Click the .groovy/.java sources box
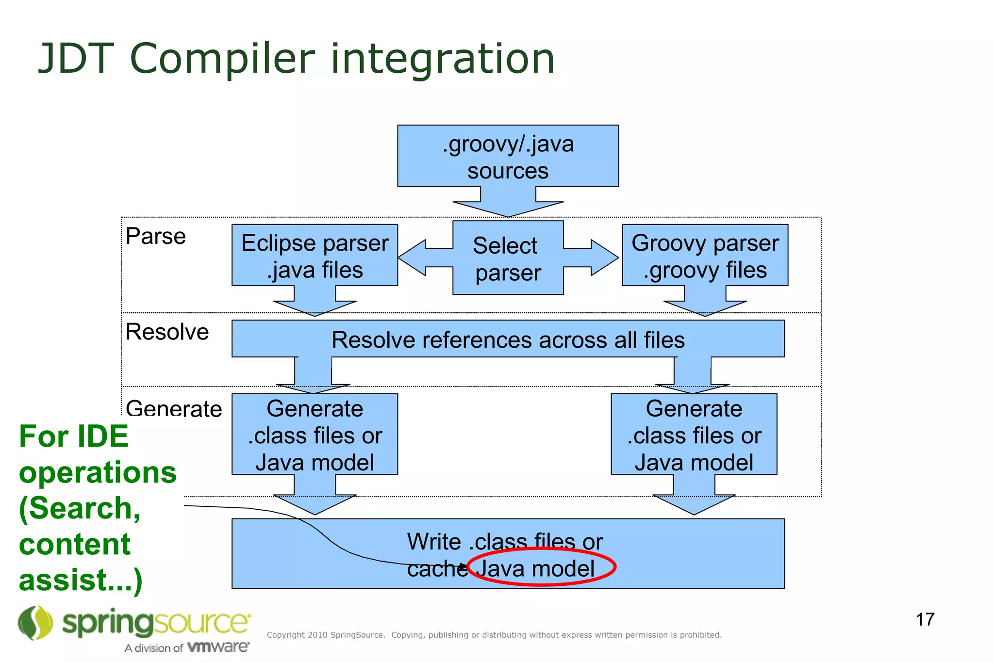pyautogui.click(x=508, y=156)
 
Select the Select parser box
pyautogui.click(x=508, y=258)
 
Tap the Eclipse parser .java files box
pyautogui.click(x=315, y=255)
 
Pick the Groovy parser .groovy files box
pyautogui.click(x=705, y=255)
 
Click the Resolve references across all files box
pyautogui.click(x=508, y=339)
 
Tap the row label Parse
pyautogui.click(x=155, y=236)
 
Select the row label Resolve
pyautogui.click(x=167, y=332)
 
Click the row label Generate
pyautogui.click(x=174, y=408)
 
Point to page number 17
pyautogui.click(x=925, y=619)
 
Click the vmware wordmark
pyautogui.click(x=218, y=647)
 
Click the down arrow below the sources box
pyautogui.click(x=508, y=204)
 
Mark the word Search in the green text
pyautogui.click(x=80, y=508)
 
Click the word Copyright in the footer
pyautogui.click(x=285, y=635)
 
